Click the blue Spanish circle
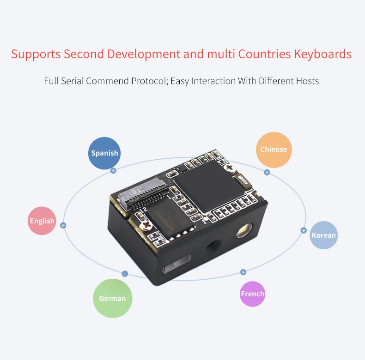[x=104, y=153]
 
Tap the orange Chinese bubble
[x=274, y=150]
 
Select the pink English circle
[x=42, y=221]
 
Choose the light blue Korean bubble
[x=323, y=235]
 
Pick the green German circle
[x=112, y=298]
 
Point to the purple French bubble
[x=252, y=294]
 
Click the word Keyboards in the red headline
[x=322, y=54]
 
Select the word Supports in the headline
[x=36, y=54]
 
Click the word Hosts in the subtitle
[x=305, y=81]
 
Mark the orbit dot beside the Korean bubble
[x=304, y=230]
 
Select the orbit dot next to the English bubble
[x=64, y=226]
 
